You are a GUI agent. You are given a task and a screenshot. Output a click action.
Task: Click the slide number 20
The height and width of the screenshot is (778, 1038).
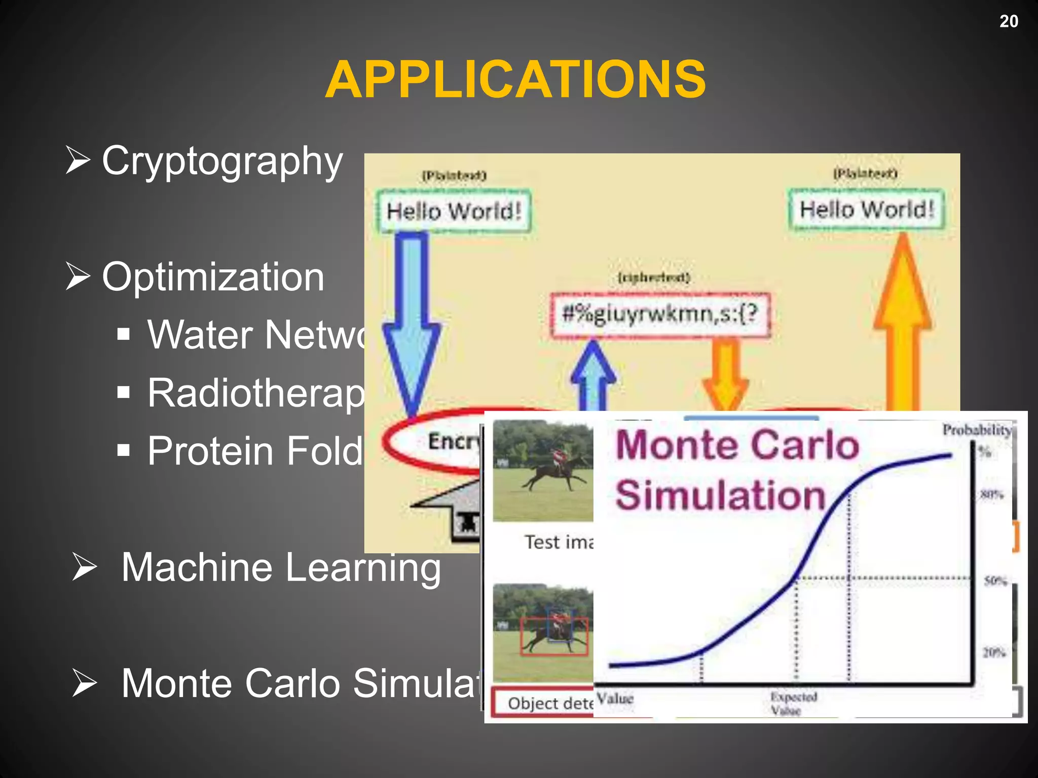[1008, 21]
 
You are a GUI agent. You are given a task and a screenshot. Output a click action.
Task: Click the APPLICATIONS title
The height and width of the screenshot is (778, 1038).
[515, 80]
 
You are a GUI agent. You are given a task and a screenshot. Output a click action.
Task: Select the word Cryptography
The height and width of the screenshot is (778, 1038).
[222, 161]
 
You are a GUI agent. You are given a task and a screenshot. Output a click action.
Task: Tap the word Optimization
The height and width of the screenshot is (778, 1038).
[213, 277]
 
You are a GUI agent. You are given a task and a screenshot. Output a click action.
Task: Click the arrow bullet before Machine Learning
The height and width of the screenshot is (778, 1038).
[84, 567]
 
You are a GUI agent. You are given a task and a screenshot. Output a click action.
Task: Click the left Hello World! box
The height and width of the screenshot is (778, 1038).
[454, 211]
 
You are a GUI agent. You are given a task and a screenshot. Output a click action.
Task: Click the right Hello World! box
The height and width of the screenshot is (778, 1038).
[866, 209]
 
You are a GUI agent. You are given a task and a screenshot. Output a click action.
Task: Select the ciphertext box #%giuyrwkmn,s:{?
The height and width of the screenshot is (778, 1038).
[660, 314]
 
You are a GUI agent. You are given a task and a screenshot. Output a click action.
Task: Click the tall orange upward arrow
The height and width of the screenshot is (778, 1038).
[903, 324]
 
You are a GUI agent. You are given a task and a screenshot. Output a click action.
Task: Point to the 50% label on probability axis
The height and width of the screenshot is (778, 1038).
[995, 580]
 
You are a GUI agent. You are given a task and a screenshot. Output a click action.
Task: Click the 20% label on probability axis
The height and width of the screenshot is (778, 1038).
[994, 652]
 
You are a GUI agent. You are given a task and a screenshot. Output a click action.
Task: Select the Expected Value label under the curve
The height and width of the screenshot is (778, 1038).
[793, 703]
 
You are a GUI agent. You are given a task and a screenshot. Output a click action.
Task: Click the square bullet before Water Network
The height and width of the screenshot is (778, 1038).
[124, 334]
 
